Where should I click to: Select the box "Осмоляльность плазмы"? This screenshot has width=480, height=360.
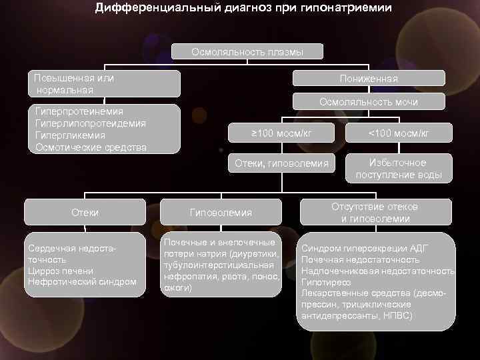pos(247,52)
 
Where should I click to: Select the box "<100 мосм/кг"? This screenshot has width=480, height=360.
pos(399,133)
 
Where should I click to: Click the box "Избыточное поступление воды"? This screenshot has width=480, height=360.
pos(399,169)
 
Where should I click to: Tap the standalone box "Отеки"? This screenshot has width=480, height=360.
pos(85,212)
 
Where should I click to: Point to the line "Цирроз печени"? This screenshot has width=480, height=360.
pos(61,271)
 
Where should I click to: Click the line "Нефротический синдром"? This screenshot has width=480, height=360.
pos(82,282)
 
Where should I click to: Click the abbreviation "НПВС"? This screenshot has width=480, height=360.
pos(397,315)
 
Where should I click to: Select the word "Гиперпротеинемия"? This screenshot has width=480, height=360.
pos(79,112)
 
